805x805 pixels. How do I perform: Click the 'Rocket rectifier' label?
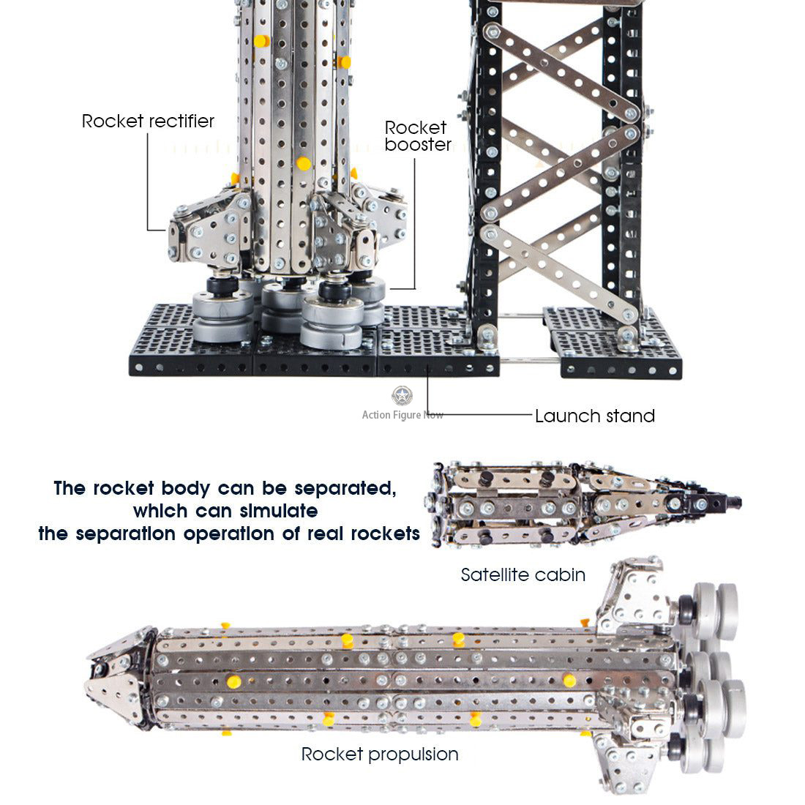tap(148, 121)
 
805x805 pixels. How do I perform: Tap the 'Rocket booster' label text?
tap(418, 136)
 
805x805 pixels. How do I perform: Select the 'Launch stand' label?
tap(594, 416)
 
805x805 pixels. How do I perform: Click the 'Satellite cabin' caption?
tap(523, 574)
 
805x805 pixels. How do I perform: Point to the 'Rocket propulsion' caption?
tap(380, 754)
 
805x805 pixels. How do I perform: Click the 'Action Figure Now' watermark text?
tap(402, 415)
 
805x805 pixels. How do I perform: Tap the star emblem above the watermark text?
tap(402, 396)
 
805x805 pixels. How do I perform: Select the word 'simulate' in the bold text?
tap(280, 511)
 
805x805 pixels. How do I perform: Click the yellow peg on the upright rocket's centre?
tap(303, 163)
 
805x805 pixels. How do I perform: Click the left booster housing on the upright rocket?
tap(209, 234)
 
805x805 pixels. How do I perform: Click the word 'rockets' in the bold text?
tap(385, 533)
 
